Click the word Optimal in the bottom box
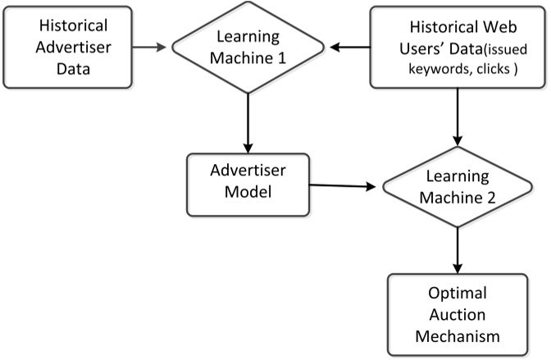coord(455,294)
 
